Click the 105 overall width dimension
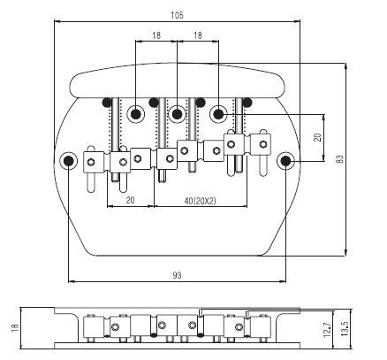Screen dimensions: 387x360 click(177, 15)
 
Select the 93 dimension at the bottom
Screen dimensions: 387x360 click(177, 275)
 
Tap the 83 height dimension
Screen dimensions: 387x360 click(340, 159)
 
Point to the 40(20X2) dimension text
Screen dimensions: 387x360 click(200, 201)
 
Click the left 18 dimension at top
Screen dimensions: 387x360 click(156, 35)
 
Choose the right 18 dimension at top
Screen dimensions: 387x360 click(198, 35)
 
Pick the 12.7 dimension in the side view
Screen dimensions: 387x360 click(327, 330)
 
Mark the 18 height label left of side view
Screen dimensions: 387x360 click(15, 328)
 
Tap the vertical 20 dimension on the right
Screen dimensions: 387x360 click(317, 137)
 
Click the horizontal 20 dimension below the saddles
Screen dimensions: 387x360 click(130, 200)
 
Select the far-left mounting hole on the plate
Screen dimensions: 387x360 click(68, 161)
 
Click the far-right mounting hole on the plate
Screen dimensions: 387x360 click(285, 161)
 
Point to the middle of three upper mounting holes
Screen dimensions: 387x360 click(177, 114)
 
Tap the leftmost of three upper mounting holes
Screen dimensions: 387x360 click(135, 114)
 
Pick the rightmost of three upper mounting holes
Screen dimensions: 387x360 click(218, 114)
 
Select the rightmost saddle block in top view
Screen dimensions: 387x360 click(261, 145)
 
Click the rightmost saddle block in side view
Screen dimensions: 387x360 click(261, 326)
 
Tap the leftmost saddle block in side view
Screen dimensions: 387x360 click(94, 326)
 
